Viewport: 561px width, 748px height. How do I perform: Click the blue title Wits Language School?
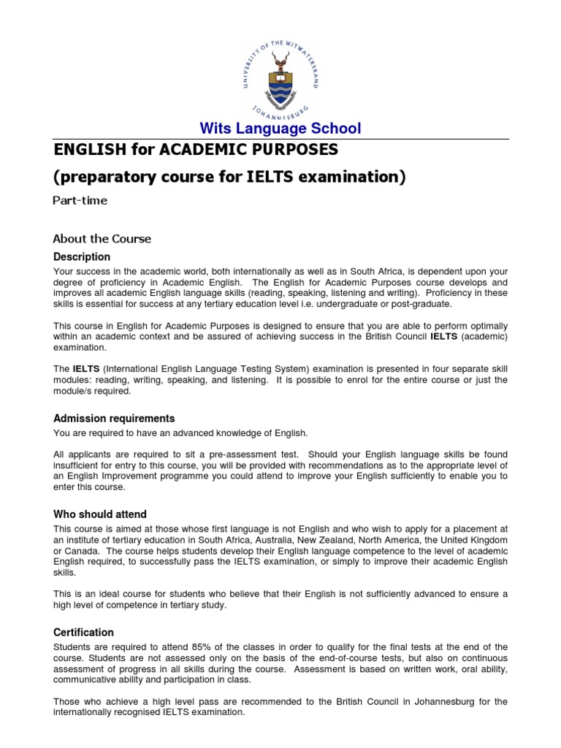[x=280, y=129]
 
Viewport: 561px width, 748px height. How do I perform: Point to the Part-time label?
[x=80, y=201]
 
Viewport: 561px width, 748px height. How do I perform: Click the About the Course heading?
[x=102, y=239]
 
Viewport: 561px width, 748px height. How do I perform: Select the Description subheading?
[x=82, y=257]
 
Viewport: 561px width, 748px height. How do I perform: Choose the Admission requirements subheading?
[x=114, y=419]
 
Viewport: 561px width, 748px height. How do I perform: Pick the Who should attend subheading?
[x=100, y=514]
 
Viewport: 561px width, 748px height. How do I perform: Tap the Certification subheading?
[x=83, y=632]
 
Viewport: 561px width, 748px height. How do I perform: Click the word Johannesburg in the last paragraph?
[x=422, y=702]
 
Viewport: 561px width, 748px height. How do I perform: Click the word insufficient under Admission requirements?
[x=78, y=465]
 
